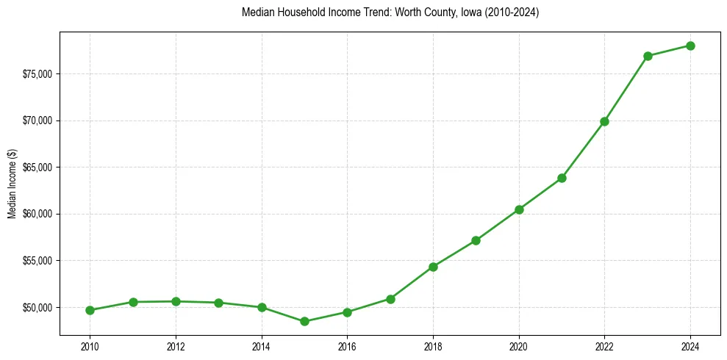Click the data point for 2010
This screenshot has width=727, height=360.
pos(90,310)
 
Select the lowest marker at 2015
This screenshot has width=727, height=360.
pos(304,321)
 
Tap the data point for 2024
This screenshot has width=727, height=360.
pos(690,46)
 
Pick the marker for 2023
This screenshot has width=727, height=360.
pos(648,56)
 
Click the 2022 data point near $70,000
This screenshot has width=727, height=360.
pos(604,121)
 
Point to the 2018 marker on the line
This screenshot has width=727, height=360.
pos(433,267)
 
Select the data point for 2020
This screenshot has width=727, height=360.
pos(519,209)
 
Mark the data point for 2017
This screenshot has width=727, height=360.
pos(390,299)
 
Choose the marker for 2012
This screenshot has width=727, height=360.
pos(176,301)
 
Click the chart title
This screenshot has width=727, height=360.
pos(390,12)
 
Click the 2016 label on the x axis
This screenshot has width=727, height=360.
pos(347,346)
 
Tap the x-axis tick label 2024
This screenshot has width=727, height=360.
pos(690,346)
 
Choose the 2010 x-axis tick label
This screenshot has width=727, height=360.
pos(90,346)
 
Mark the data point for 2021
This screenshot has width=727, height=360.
pos(562,178)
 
